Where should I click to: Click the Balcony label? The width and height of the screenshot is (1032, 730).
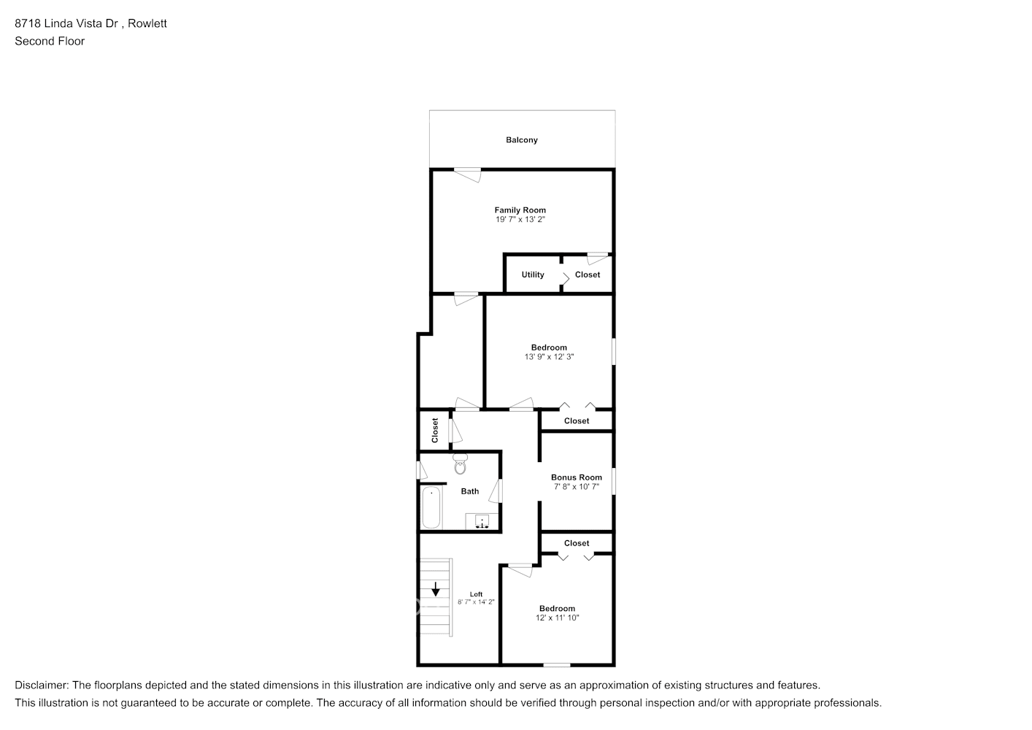[522, 140]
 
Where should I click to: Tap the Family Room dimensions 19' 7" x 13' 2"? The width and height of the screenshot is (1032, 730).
[520, 219]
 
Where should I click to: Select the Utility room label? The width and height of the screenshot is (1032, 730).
[533, 275]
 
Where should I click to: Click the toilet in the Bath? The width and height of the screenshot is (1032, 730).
[460, 464]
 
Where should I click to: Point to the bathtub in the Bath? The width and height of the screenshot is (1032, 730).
[431, 507]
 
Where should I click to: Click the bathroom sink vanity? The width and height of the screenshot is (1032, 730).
[482, 521]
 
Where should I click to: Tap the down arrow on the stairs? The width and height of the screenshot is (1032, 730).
[436, 588]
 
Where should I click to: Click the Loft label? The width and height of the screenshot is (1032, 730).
[476, 594]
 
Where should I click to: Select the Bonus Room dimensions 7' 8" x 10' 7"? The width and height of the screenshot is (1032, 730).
[577, 487]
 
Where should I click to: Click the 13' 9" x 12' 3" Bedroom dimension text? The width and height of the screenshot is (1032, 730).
[549, 357]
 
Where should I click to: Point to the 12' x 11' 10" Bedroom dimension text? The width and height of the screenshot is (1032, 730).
[557, 618]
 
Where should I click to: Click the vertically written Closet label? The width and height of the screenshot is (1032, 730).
[435, 430]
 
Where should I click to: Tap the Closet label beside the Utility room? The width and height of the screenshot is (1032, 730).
[588, 275]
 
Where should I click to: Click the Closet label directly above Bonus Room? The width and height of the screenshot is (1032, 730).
[577, 421]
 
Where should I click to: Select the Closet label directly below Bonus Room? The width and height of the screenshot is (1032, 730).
[577, 543]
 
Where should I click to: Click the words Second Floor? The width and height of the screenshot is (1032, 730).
[50, 42]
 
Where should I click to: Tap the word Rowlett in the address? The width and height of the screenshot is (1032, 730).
[147, 23]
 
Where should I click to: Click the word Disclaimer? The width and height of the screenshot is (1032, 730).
[41, 685]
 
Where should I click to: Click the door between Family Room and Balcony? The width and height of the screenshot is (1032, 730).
[467, 173]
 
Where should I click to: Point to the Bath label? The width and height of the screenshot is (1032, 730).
[470, 491]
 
